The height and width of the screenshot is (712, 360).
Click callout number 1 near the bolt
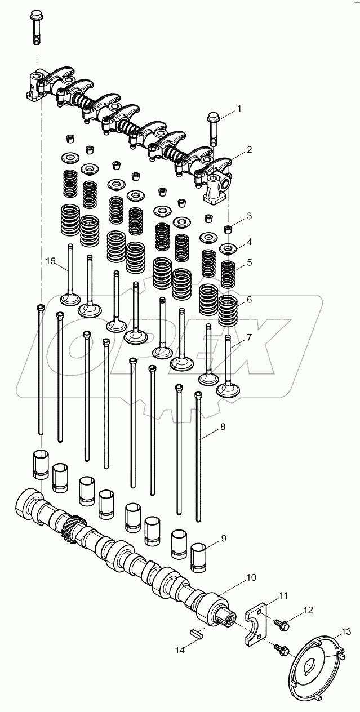click(x=238, y=108)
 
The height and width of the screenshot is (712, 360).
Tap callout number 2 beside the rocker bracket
click(x=248, y=150)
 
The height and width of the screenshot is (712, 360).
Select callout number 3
click(x=248, y=216)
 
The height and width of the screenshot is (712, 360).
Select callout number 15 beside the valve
click(x=51, y=261)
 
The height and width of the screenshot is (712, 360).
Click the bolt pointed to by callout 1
click(x=214, y=130)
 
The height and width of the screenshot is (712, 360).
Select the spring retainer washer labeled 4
click(x=229, y=248)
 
